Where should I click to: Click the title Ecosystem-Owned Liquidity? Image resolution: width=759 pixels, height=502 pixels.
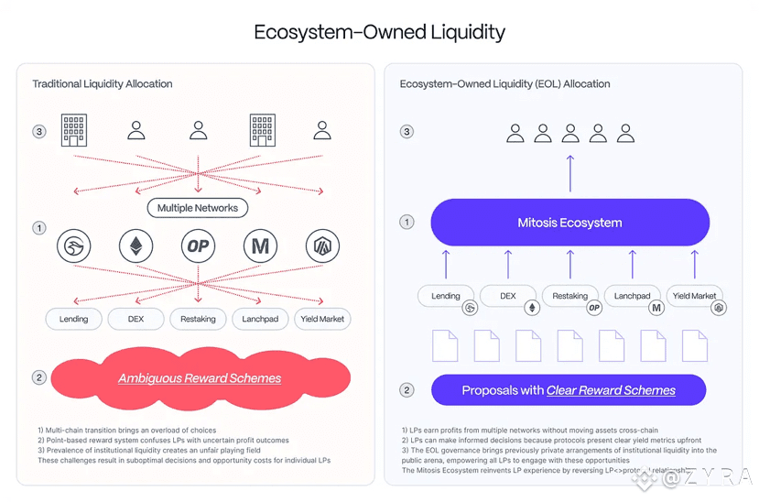pos(379,32)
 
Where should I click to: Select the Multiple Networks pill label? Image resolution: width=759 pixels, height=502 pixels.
pos(197,208)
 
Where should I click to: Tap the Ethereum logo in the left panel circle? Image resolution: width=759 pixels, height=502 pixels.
pos(136,246)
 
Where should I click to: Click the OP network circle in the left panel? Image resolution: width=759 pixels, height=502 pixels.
pos(198,246)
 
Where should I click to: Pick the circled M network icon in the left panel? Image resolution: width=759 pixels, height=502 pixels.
pos(260,246)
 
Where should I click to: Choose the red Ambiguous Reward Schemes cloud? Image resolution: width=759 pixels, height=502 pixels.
pos(200,377)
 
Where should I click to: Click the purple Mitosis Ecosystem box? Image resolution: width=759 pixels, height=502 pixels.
pos(569,223)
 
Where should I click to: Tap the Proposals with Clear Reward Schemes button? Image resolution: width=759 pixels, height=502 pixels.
pos(568,390)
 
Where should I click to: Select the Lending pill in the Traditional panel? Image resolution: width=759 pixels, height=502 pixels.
pos(74,319)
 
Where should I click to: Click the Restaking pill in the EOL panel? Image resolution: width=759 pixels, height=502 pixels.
pos(569,296)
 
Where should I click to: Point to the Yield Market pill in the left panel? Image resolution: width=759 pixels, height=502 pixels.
pos(322,319)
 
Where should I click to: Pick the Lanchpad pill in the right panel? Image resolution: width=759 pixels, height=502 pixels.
pos(632,296)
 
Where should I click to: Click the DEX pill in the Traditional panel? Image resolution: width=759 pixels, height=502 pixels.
pos(136,319)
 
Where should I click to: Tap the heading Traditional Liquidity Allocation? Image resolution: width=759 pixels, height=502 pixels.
pos(103,84)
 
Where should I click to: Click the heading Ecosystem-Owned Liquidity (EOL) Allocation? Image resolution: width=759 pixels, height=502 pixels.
pos(504,84)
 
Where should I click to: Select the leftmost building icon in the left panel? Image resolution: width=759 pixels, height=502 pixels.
pos(74,130)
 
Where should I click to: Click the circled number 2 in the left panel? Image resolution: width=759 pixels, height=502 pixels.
pos(39,377)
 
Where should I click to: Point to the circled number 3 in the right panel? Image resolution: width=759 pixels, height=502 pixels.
pos(407,132)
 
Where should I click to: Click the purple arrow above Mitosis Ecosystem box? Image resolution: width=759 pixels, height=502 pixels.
pos(569,172)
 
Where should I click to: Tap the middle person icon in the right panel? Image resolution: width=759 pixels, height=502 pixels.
pos(570,134)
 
